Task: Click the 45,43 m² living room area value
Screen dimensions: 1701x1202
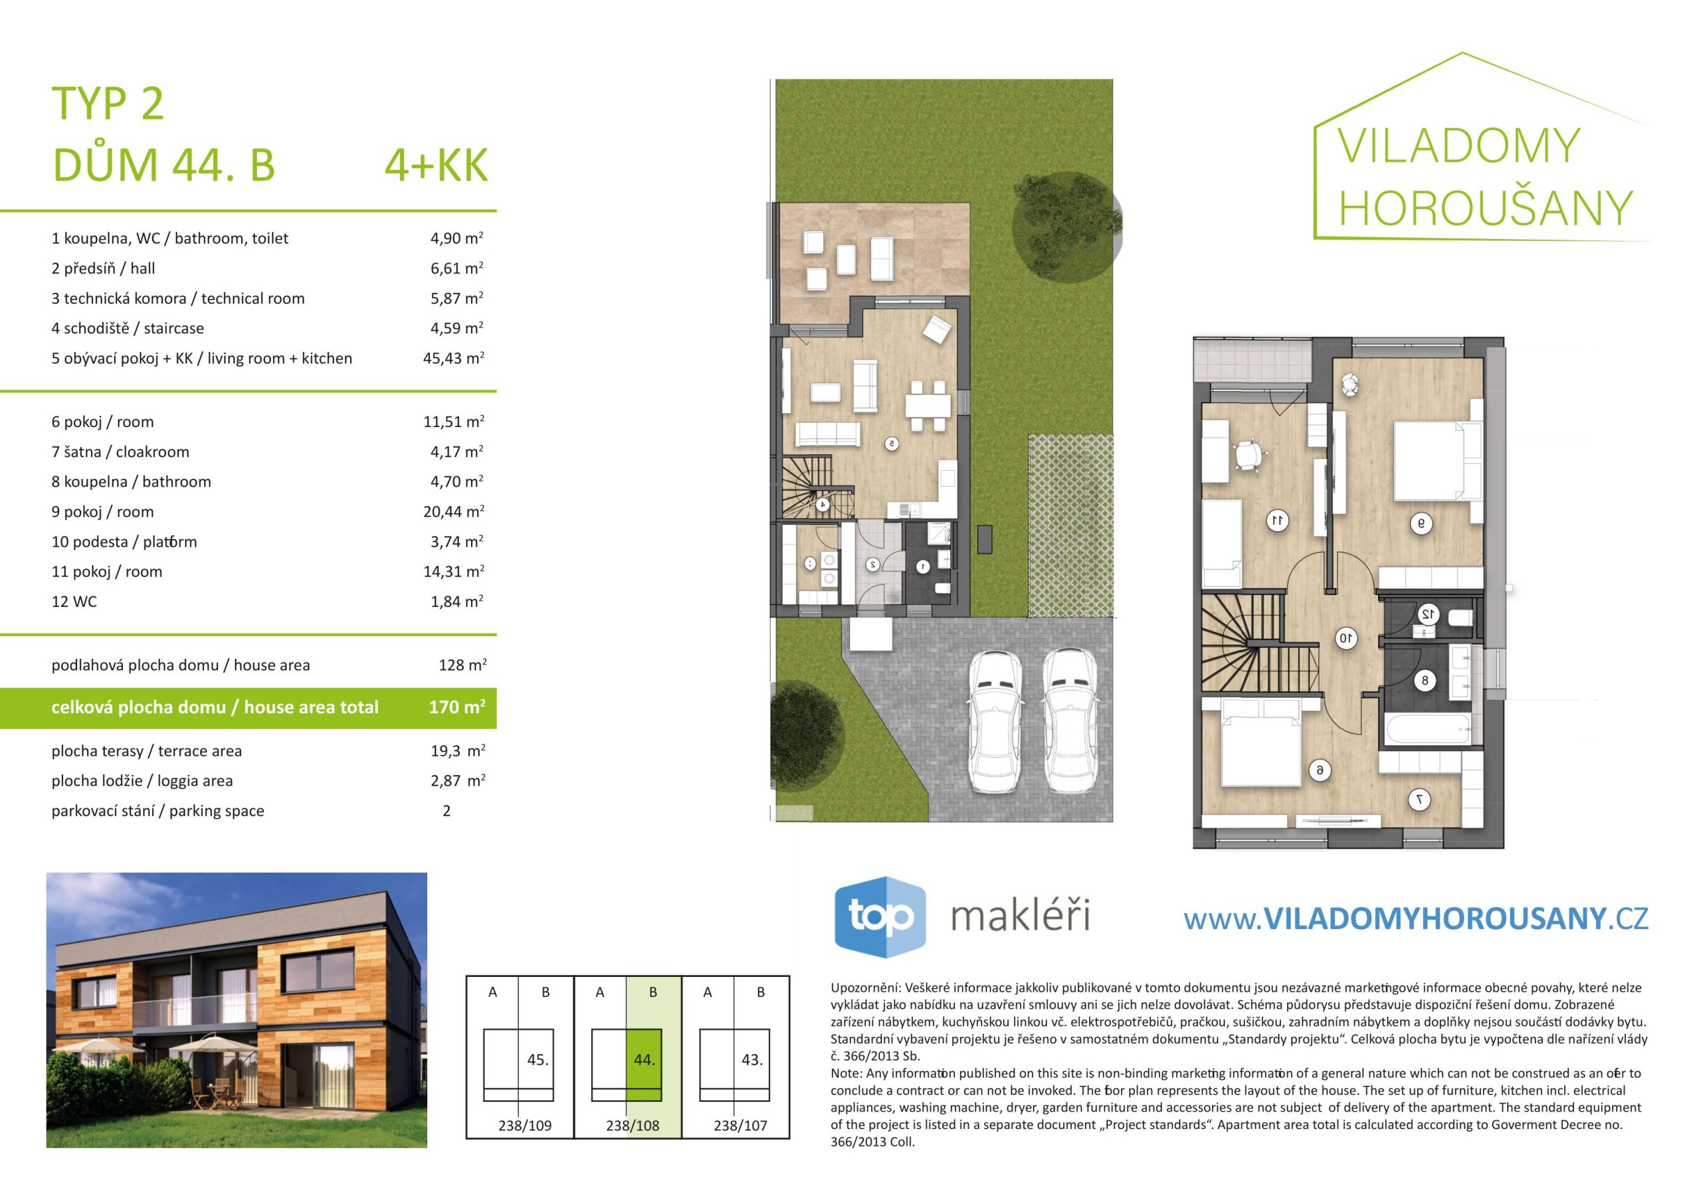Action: tap(453, 359)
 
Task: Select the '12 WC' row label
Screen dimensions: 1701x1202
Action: tap(74, 602)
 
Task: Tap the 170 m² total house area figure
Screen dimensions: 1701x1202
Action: tap(457, 707)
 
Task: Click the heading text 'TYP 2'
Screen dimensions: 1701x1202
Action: tap(108, 103)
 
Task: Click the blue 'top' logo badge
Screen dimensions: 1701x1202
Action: tap(880, 917)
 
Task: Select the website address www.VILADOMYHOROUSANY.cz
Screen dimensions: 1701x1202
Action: tap(1416, 919)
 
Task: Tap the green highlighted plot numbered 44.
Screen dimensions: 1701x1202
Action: tap(644, 1065)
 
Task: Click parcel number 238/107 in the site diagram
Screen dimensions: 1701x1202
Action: tap(740, 1126)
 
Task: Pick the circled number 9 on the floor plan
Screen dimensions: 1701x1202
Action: tap(1421, 523)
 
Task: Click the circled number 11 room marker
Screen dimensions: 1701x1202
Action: tap(1276, 521)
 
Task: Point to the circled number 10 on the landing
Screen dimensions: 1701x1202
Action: tap(1346, 638)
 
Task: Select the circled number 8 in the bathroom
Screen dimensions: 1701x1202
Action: tap(1425, 681)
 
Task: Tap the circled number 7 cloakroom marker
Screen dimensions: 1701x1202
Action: tap(1418, 800)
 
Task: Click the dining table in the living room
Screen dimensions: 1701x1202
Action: tap(928, 405)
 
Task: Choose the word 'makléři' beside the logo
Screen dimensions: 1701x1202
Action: tap(1020, 916)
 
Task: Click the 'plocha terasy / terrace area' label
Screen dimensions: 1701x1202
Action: tap(147, 751)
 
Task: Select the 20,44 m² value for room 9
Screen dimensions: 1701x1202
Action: tap(453, 512)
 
